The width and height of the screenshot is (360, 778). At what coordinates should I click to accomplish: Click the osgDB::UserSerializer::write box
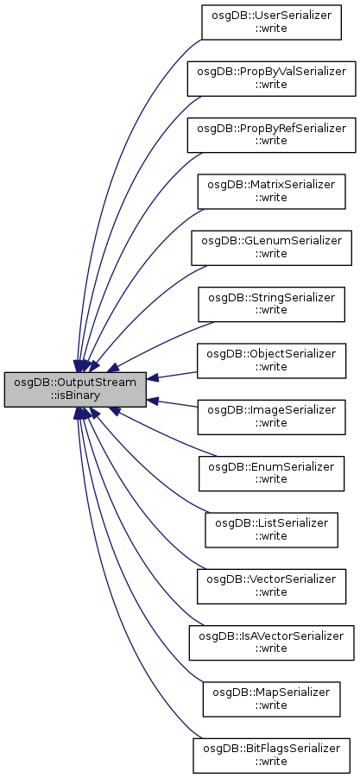(x=271, y=22)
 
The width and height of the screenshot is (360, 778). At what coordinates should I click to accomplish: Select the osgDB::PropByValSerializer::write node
(x=271, y=79)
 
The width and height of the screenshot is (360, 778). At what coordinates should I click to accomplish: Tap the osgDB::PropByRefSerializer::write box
(x=271, y=135)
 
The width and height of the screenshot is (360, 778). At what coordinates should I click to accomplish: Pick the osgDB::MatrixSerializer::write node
(x=271, y=191)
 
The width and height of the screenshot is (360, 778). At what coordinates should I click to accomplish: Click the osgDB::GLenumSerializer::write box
(x=271, y=248)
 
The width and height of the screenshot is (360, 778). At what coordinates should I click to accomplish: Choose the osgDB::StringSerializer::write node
(x=271, y=304)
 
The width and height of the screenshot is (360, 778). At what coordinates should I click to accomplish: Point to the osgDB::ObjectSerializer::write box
(x=271, y=360)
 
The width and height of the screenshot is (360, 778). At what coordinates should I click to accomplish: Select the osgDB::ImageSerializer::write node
(x=271, y=417)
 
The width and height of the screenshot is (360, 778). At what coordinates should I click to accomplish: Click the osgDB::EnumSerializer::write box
(x=271, y=473)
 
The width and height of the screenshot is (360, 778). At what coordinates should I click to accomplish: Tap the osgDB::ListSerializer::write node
(x=271, y=530)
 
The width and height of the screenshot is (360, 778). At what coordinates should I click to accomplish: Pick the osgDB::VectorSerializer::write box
(x=271, y=586)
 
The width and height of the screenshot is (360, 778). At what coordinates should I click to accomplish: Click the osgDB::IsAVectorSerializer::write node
(x=271, y=642)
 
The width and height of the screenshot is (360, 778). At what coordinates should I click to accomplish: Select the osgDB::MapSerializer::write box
(x=271, y=699)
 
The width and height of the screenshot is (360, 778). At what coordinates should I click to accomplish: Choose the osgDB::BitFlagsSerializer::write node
(x=271, y=756)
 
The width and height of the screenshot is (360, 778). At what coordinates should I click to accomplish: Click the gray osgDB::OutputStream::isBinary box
(x=75, y=389)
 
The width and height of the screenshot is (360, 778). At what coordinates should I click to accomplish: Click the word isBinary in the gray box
(x=75, y=396)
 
